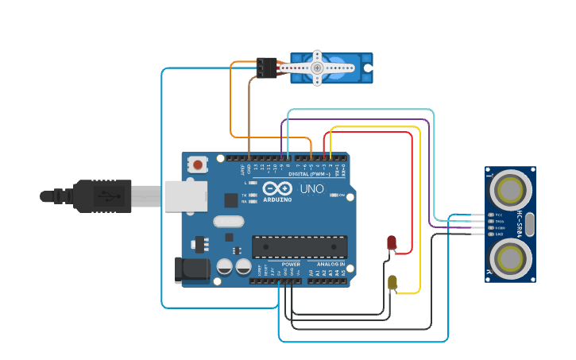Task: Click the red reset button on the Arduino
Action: [x=197, y=165]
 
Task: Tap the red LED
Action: [x=392, y=242]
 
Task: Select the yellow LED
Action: [x=392, y=282]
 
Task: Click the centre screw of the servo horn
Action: [x=317, y=68]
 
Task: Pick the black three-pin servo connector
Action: [x=266, y=68]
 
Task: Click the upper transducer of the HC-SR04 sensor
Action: [x=509, y=189]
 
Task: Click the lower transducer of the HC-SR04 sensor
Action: [x=509, y=257]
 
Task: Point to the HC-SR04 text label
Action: [x=520, y=223]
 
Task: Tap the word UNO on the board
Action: [x=311, y=189]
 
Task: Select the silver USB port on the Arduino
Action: [x=186, y=196]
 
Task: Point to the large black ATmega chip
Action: [x=300, y=246]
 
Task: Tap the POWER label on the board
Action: [x=291, y=264]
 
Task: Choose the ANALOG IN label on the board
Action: [x=331, y=264]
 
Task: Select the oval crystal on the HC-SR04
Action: [x=528, y=223]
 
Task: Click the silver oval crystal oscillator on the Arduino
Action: [x=228, y=223]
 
